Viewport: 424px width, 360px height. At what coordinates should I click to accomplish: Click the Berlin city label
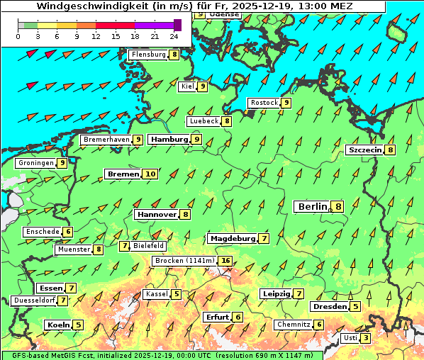pyautogui.click(x=312, y=206)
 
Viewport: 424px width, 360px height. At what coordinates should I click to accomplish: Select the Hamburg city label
pyautogui.click(x=169, y=140)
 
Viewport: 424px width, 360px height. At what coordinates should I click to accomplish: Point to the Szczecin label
pyautogui.click(x=364, y=150)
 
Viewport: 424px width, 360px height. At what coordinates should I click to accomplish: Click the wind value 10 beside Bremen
pyautogui.click(x=150, y=174)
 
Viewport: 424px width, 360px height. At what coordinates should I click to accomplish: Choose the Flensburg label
pyautogui.click(x=148, y=55)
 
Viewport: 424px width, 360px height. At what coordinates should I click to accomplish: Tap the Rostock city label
pyautogui.click(x=264, y=103)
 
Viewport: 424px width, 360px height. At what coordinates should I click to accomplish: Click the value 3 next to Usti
pyautogui.click(x=365, y=338)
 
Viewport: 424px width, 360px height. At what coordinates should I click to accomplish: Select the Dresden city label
pyautogui.click(x=330, y=307)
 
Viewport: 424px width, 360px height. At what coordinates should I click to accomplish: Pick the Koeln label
pyautogui.click(x=57, y=325)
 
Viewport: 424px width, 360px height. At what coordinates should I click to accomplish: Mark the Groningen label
pyautogui.click(x=35, y=163)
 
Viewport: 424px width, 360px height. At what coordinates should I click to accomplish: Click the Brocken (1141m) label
pyautogui.click(x=184, y=261)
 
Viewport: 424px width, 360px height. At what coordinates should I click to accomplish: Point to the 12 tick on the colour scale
pyautogui.click(x=96, y=36)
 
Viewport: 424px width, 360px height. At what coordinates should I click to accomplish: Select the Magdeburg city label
pyautogui.click(x=232, y=238)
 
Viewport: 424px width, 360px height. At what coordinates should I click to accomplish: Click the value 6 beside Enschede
pyautogui.click(x=67, y=232)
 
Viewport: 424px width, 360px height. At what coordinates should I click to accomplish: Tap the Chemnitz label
pyautogui.click(x=292, y=325)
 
